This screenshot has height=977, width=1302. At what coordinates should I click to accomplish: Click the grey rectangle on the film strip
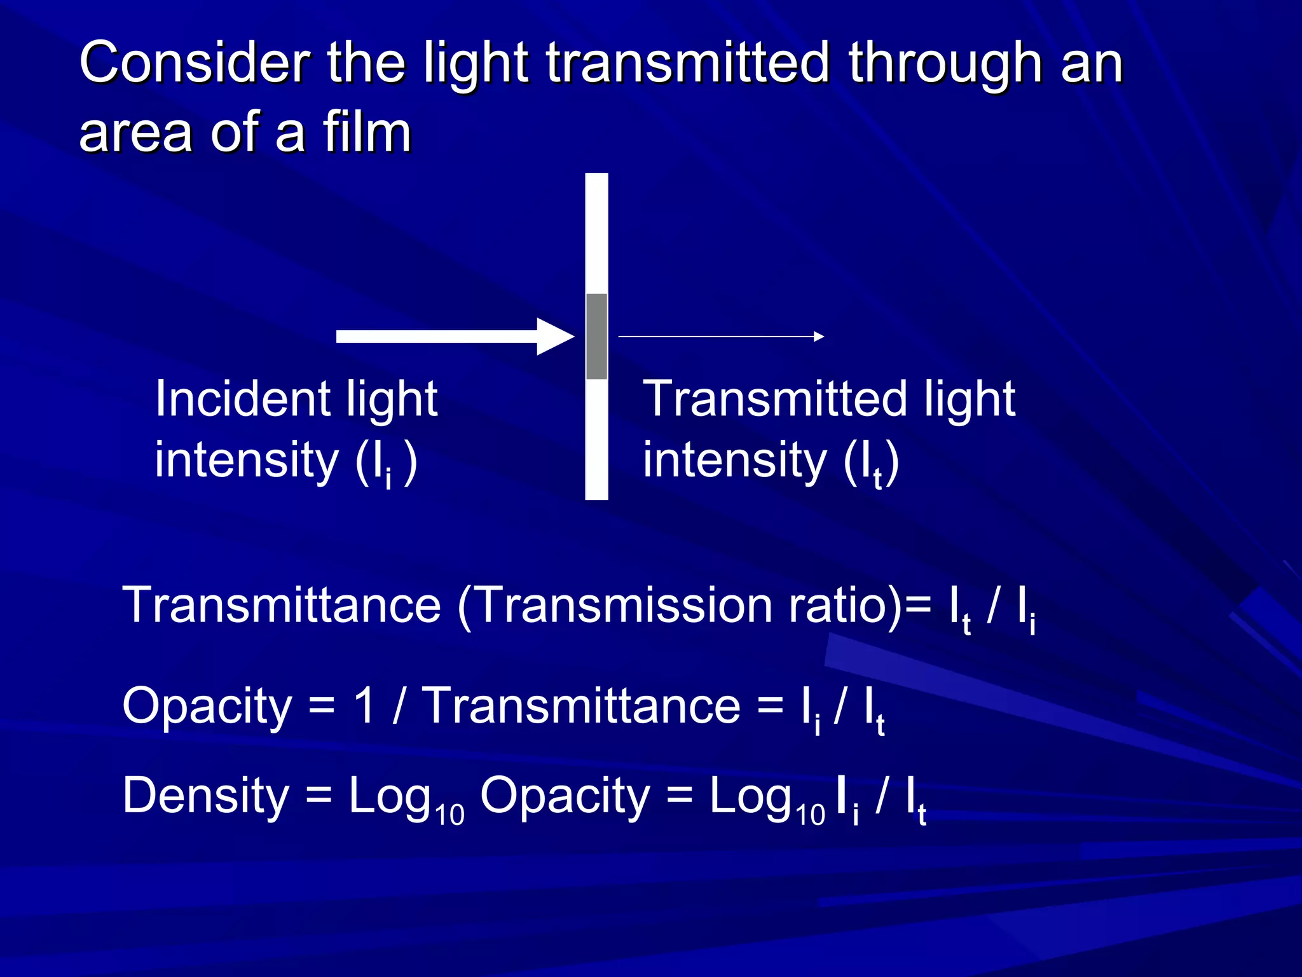[596, 336]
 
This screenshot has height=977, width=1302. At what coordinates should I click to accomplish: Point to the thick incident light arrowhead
[556, 336]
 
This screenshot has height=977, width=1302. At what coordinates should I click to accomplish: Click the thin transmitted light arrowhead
[819, 336]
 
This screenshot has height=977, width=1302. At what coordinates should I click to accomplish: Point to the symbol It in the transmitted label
[870, 463]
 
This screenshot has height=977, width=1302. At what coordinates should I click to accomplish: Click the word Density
[206, 796]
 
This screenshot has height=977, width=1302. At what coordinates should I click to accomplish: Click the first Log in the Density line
[389, 796]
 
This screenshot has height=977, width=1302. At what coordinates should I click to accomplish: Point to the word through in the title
[945, 64]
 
